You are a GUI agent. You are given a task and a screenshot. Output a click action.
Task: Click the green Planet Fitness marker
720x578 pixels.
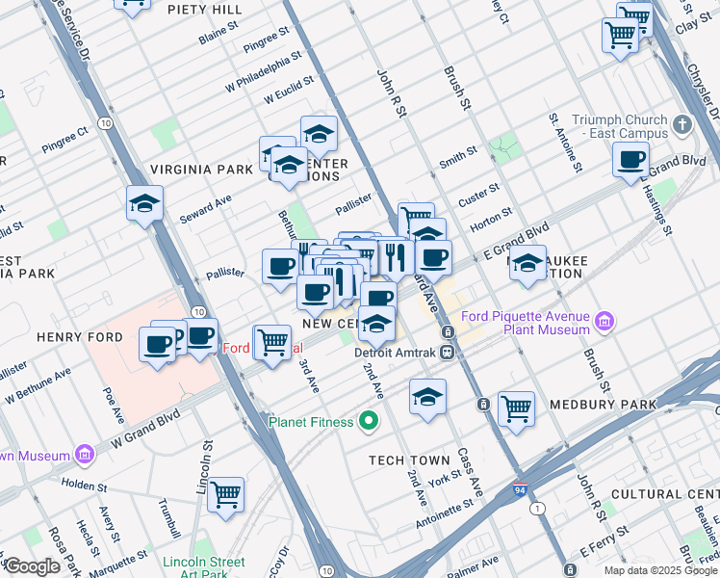(368, 421)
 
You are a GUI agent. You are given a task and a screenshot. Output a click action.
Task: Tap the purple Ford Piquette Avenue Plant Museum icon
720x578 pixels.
(604, 319)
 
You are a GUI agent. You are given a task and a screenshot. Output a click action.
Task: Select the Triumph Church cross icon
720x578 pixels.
(682, 125)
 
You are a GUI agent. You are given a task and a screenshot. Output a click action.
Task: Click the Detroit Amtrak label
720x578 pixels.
(396, 353)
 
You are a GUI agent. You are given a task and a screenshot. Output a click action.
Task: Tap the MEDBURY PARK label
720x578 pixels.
(603, 405)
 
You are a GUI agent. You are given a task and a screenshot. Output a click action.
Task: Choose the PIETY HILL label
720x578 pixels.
(204, 10)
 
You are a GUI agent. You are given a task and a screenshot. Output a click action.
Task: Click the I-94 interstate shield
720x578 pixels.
(521, 489)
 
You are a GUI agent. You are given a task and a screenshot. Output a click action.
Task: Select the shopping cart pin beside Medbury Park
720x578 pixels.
(516, 408)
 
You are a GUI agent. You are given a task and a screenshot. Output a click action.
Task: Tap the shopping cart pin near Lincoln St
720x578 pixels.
(225, 494)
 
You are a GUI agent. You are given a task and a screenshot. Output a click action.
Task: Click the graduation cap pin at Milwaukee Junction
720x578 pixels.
(527, 263)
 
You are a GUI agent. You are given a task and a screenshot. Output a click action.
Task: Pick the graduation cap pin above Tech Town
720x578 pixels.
(427, 397)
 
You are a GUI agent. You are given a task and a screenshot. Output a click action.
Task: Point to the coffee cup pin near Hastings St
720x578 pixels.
(631, 160)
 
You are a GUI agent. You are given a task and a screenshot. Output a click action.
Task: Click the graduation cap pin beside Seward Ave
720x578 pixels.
(144, 203)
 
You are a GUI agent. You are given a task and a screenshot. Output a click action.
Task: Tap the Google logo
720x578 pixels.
(31, 566)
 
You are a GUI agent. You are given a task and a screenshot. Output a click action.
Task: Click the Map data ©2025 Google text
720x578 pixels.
(659, 569)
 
